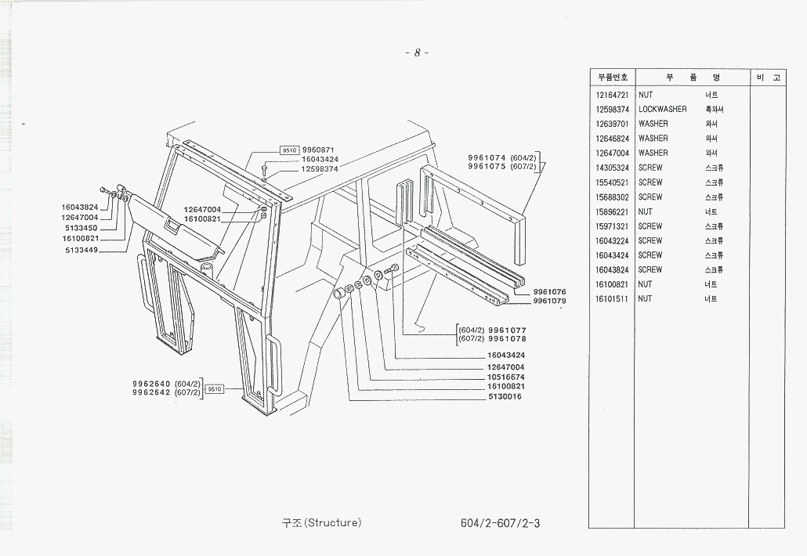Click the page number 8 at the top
point(417,53)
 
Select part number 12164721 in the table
point(613,95)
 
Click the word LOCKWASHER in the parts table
point(662,110)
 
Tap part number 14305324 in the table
point(613,168)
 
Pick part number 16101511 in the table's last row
point(613,299)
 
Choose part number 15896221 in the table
point(613,211)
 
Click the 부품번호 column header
point(613,78)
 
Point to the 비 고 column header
point(769,78)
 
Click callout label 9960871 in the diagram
point(318,150)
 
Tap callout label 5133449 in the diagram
point(81,251)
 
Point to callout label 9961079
point(549,301)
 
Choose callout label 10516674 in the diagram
point(505,377)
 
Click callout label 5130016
point(505,396)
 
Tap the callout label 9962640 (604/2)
point(167,383)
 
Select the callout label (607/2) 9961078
point(493,339)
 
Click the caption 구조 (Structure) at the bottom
point(321,522)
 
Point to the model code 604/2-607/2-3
point(501,523)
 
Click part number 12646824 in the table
point(613,139)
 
